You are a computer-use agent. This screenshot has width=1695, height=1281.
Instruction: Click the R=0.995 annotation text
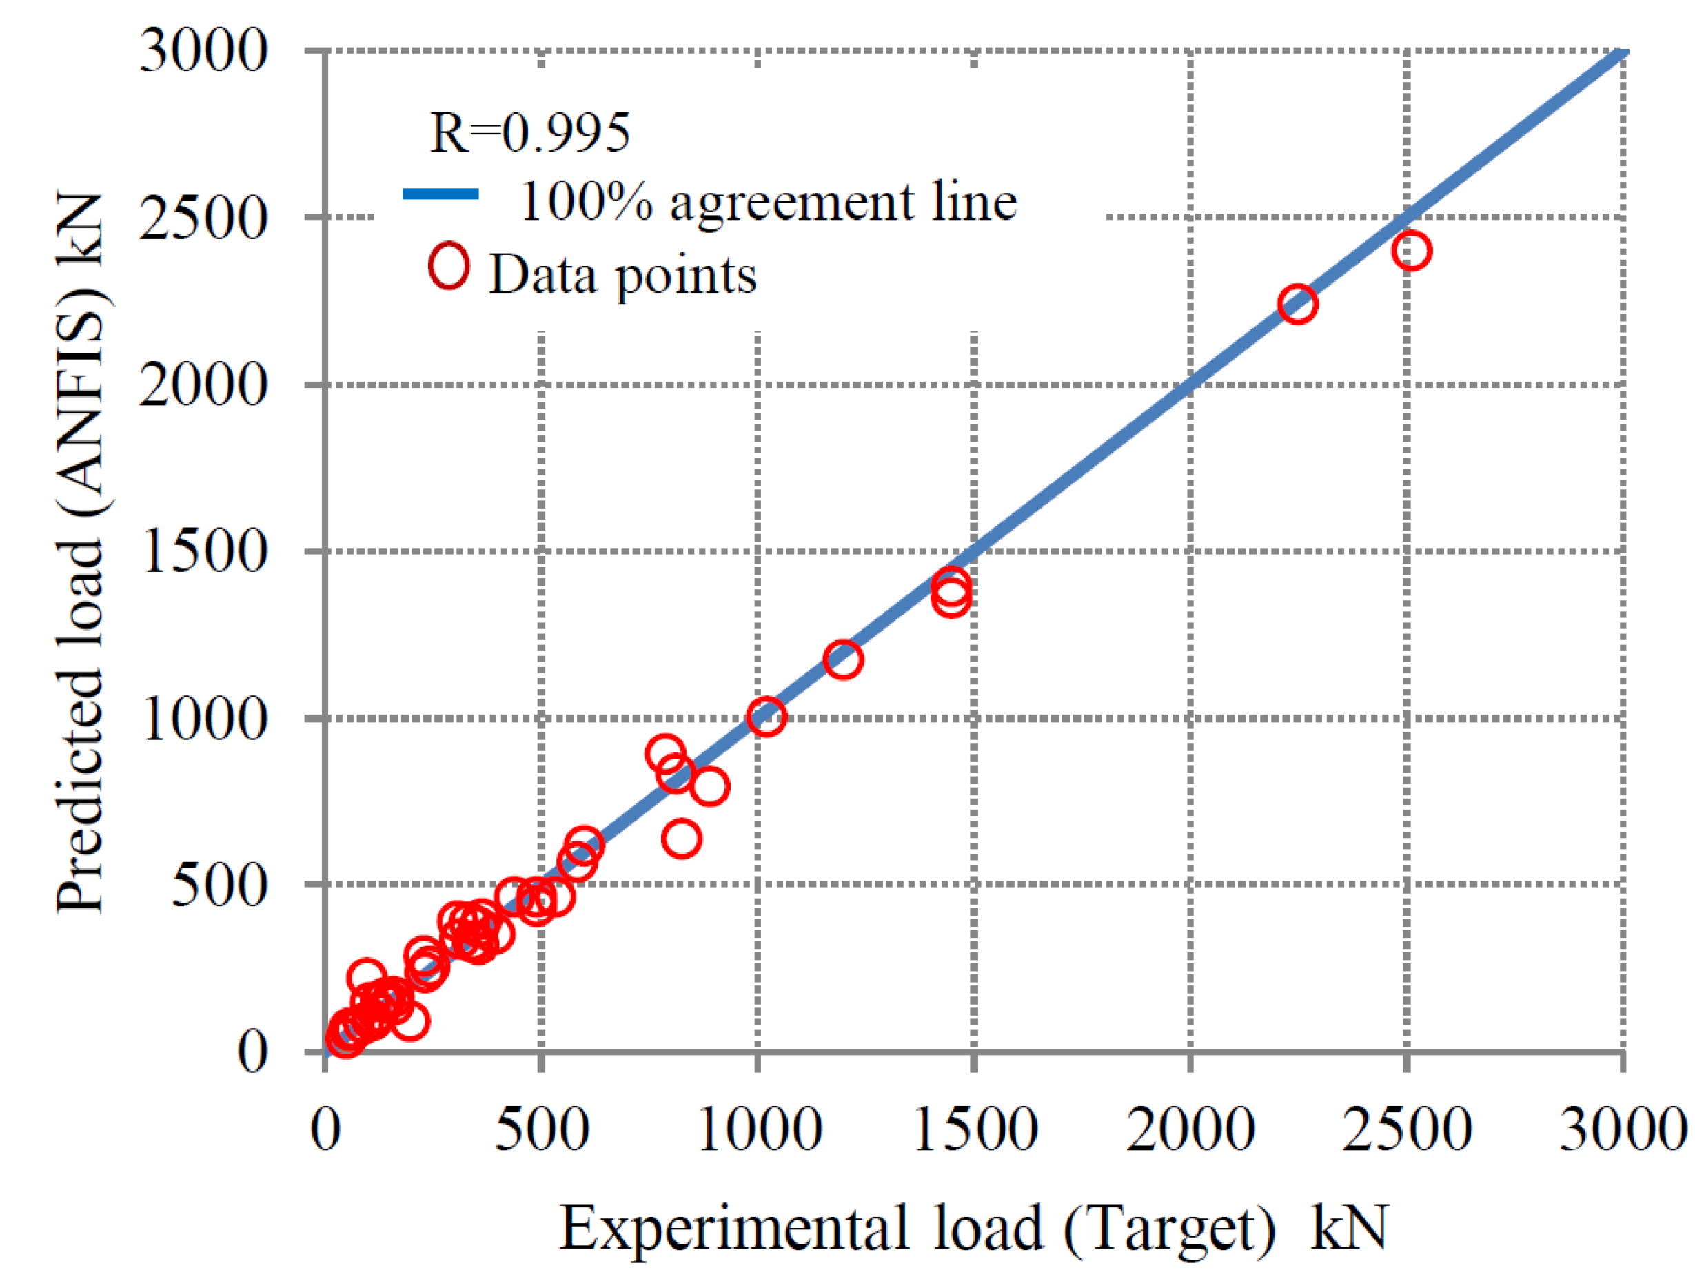(x=529, y=133)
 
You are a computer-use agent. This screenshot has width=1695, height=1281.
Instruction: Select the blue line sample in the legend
(x=440, y=194)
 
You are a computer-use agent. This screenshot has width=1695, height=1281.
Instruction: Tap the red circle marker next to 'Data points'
(x=448, y=267)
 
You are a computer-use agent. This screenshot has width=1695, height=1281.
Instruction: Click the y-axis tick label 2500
(x=203, y=219)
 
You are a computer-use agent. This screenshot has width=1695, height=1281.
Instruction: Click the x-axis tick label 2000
(x=1189, y=1129)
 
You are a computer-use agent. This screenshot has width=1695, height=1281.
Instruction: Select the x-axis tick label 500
(x=541, y=1129)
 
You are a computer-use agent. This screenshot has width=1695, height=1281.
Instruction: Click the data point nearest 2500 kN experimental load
(x=1411, y=251)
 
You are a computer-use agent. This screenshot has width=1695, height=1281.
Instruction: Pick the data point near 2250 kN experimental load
(x=1297, y=304)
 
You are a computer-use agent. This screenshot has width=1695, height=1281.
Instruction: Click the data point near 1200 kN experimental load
(x=843, y=659)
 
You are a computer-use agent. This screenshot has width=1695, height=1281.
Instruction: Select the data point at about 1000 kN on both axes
(x=767, y=717)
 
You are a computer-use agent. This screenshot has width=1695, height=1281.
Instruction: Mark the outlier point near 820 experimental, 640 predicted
(x=681, y=839)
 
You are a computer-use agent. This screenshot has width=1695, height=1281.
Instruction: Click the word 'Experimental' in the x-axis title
(x=734, y=1228)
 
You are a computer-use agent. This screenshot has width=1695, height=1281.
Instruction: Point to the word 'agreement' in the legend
(x=791, y=203)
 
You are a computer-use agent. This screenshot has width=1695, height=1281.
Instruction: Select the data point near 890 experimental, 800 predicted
(x=709, y=787)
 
